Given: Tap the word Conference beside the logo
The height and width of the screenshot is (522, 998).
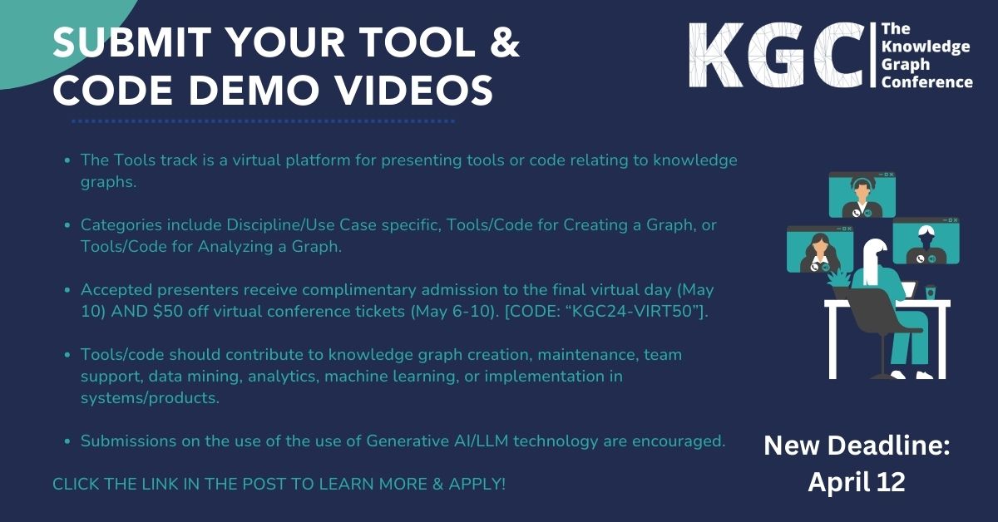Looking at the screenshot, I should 926,81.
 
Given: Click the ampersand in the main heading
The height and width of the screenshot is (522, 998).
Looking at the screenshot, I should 501,44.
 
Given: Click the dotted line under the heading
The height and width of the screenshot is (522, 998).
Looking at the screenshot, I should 263,121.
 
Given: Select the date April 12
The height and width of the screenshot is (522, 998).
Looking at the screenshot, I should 856,483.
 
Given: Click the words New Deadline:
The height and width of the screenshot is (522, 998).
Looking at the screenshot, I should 856,446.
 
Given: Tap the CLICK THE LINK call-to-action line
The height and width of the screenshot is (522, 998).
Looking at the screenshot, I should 279,483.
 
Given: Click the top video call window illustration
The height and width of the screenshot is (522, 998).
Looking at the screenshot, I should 862,195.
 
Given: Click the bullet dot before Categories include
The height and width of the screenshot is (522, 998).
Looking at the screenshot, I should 66,225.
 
